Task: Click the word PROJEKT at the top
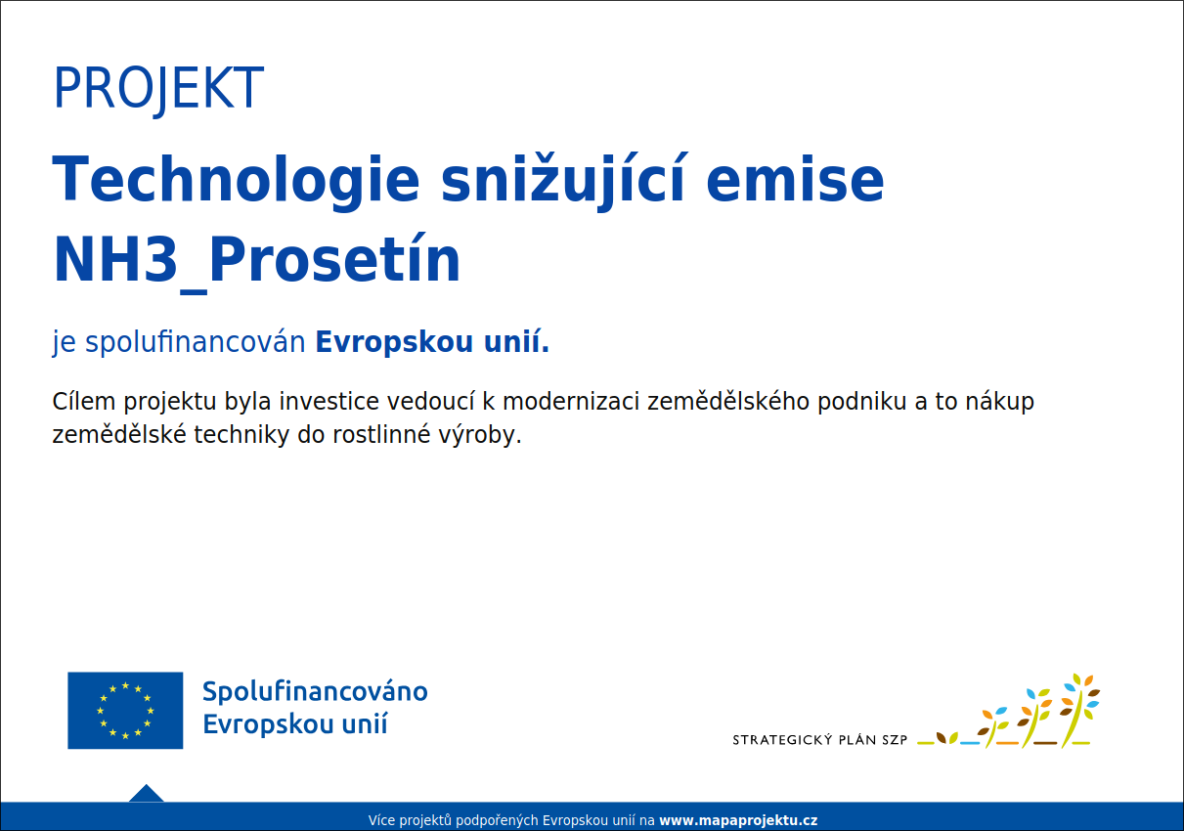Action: point(158,88)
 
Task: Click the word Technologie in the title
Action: point(236,181)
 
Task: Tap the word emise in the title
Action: point(795,179)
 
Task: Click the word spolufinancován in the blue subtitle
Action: point(195,342)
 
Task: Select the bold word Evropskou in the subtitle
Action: point(394,342)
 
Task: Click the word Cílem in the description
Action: point(83,401)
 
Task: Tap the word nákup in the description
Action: point(999,401)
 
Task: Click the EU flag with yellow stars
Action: point(125,711)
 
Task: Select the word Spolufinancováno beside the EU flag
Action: point(315,691)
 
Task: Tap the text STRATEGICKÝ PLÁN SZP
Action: point(820,740)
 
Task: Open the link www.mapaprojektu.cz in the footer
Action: point(738,820)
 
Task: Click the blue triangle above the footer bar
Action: point(147,794)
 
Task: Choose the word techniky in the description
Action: point(241,435)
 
